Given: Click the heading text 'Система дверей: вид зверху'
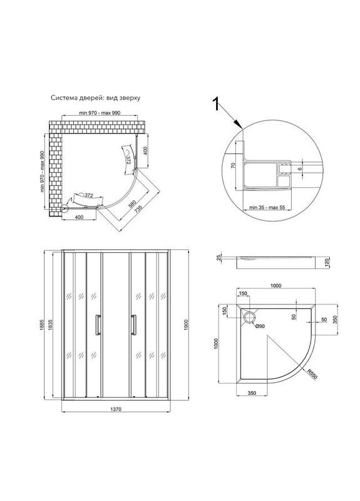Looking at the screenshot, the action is [x=96, y=98].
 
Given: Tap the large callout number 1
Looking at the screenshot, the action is [x=216, y=104].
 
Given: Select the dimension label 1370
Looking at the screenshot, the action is [x=115, y=410].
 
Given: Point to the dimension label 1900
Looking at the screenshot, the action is [x=187, y=325].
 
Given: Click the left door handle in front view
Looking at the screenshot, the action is [x=98, y=325].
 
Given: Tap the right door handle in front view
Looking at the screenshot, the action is [x=133, y=325].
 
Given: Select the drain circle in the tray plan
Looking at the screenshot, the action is [x=249, y=318].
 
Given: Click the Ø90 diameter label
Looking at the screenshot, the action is [x=259, y=326].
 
